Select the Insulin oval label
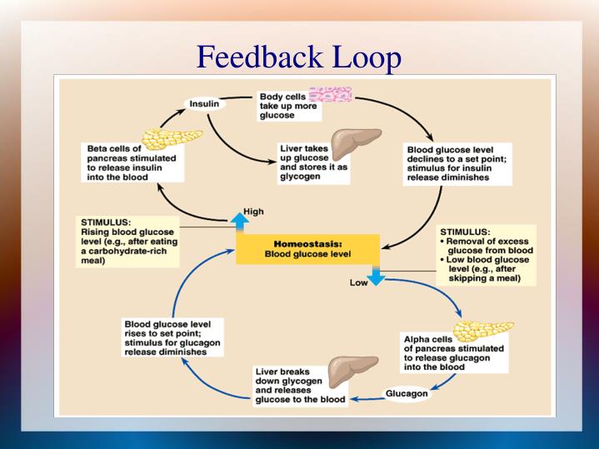(204, 104)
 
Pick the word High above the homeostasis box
(253, 211)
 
